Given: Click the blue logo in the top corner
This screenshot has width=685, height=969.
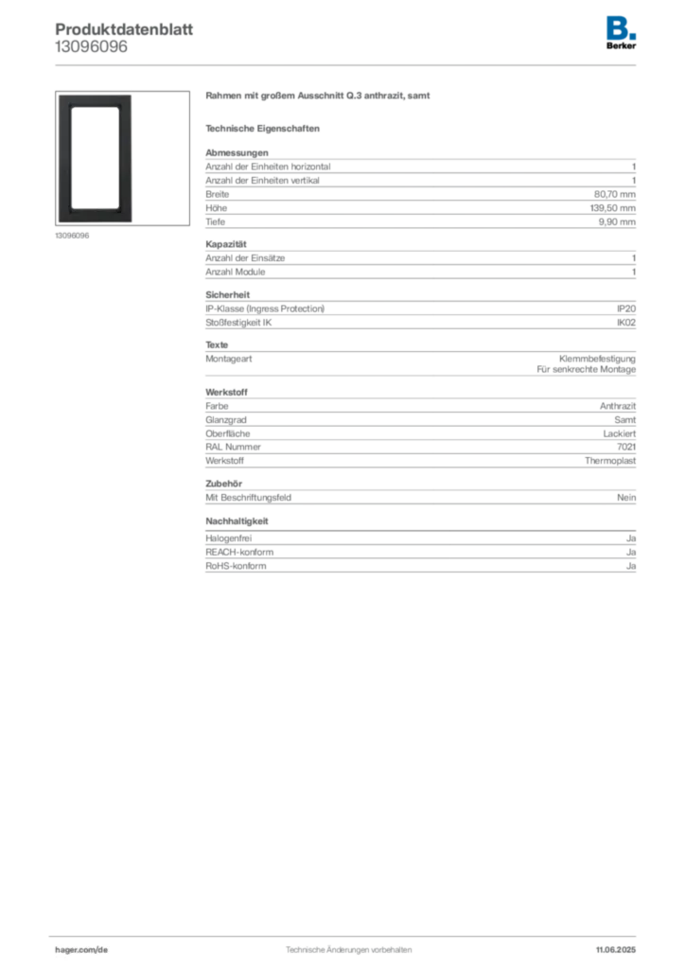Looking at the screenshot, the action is (621, 26).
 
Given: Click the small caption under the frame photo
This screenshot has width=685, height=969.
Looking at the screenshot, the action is (72, 237).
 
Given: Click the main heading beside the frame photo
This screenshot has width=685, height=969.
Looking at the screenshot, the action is (317, 97).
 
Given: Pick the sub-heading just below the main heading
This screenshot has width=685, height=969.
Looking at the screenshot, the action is (265, 128).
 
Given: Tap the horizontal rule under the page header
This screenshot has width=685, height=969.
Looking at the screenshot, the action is (347, 64).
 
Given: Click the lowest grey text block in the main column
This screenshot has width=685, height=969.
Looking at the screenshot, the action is (419, 555).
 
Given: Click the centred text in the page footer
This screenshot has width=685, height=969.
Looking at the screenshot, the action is (346, 944).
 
